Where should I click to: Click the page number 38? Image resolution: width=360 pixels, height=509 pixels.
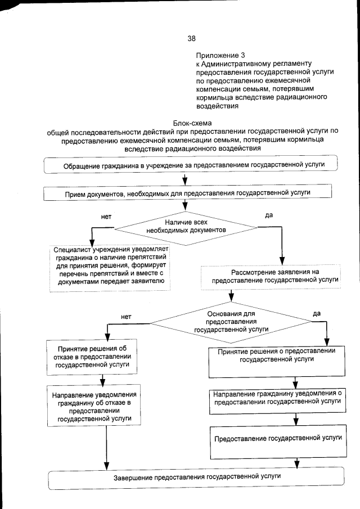coord(191,39)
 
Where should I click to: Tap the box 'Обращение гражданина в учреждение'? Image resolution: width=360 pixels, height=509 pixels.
coord(191,164)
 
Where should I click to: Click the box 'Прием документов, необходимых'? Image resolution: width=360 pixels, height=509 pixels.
coord(191,193)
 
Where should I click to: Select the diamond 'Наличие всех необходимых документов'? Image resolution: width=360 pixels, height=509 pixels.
coord(186,227)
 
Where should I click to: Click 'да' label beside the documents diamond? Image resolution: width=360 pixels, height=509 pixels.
coord(268,215)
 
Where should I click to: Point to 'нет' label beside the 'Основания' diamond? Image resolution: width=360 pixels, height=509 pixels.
coord(126,317)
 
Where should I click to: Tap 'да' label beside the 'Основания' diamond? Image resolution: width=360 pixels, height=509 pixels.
coord(316,313)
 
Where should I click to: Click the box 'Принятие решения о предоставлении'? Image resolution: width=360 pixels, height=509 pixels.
coord(276,361)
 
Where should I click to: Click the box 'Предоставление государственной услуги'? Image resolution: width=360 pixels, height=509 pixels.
coord(276,438)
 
